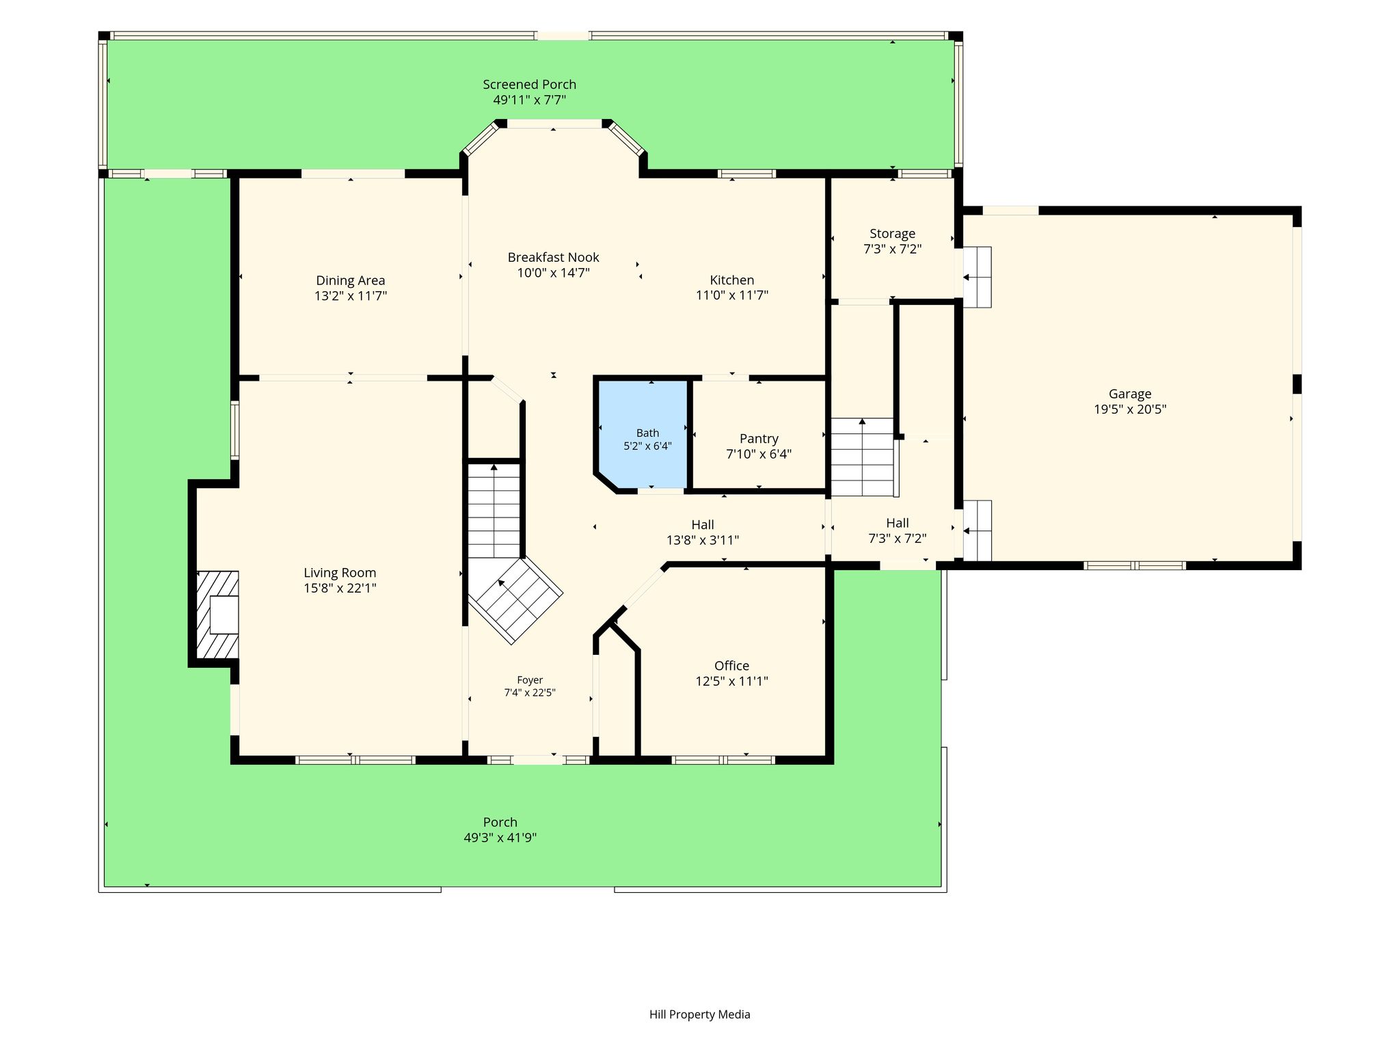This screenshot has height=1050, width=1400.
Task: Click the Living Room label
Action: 340,573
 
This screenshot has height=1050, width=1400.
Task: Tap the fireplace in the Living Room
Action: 217,615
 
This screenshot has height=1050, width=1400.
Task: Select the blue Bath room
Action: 643,433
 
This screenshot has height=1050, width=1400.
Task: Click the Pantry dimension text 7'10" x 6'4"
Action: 759,454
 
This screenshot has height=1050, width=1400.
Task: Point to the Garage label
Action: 1130,394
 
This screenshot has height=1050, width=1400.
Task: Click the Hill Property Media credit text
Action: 699,1014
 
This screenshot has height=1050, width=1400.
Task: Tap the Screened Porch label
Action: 530,85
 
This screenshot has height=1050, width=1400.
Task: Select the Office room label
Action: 731,666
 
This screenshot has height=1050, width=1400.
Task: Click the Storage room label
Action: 892,234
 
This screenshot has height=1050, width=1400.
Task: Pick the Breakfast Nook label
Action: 553,258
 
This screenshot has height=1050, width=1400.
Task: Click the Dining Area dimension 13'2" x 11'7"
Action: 351,296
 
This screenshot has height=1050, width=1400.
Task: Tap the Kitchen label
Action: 731,280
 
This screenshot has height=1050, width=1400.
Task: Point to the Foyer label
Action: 530,680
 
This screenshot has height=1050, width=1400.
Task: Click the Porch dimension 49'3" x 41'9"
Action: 500,838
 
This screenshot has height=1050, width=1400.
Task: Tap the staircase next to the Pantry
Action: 862,457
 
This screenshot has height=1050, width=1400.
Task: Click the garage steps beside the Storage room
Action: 978,277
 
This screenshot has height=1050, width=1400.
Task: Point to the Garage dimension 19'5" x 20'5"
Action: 1130,409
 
